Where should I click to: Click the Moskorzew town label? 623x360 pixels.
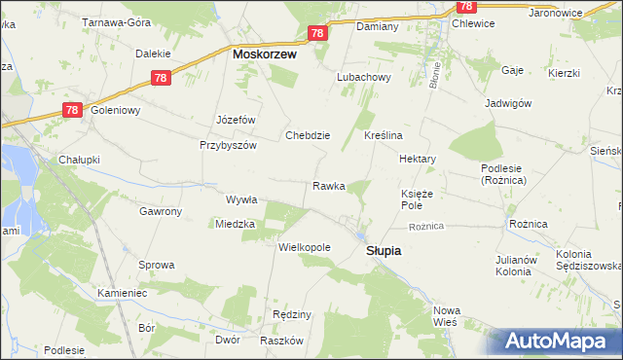(x=264, y=55)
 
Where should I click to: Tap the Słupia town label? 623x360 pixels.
(x=384, y=250)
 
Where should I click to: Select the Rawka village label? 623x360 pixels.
(x=329, y=186)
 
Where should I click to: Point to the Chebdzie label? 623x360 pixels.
(x=308, y=135)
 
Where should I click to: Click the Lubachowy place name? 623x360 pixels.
(x=363, y=77)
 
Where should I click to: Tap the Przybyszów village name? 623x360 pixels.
(x=228, y=145)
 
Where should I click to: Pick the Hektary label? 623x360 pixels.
(x=417, y=158)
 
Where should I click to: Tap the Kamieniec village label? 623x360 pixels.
(x=122, y=292)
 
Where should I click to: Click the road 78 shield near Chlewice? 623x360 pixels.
(x=465, y=6)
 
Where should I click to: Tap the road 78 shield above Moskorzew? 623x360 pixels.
(x=316, y=33)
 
